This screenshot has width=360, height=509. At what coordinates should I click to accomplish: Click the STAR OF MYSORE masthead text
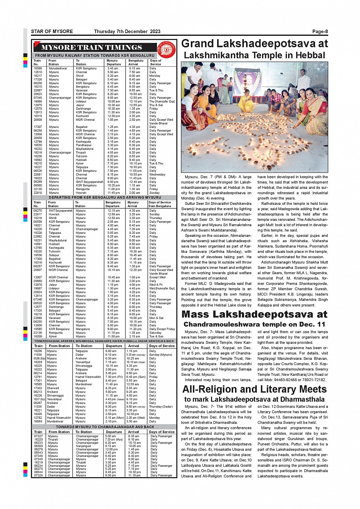(x=52, y=32)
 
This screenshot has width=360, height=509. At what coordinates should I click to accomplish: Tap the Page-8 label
(x=320, y=32)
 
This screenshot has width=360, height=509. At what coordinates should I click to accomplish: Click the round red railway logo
(x=166, y=49)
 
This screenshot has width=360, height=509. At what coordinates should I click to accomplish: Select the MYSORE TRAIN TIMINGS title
(x=91, y=48)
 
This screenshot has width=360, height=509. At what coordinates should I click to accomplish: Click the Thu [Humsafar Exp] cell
(x=162, y=102)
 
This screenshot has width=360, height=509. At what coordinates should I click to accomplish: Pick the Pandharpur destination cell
(x=84, y=145)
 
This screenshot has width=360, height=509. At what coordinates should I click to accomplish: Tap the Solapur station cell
(x=54, y=255)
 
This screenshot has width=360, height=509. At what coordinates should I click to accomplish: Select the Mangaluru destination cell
(x=83, y=329)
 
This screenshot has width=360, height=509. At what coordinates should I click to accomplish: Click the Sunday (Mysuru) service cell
(x=160, y=354)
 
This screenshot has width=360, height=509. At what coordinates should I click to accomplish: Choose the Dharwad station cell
(x=53, y=388)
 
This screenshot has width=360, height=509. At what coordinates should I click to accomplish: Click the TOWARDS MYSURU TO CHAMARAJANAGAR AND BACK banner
(x=105, y=427)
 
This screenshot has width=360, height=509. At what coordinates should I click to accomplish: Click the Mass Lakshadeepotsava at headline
(x=254, y=314)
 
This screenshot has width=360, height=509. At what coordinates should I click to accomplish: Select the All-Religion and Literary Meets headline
(x=254, y=389)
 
